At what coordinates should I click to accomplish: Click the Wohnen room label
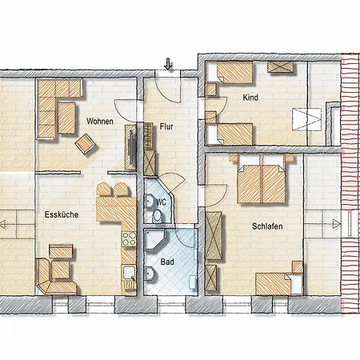coord(100,122)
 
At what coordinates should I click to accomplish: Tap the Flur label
coord(166,126)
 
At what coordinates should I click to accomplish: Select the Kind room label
coord(250,98)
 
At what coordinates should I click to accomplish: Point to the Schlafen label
coord(267,226)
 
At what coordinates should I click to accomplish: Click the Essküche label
coord(62,214)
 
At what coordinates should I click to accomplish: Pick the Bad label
coord(167,262)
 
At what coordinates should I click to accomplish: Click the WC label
coord(161,202)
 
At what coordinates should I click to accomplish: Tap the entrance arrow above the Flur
coord(168,64)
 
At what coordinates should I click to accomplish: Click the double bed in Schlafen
coord(262,179)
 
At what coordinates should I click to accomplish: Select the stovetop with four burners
coord(129,239)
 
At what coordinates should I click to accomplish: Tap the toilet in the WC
coord(158,216)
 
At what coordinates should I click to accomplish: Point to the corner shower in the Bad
coord(155,239)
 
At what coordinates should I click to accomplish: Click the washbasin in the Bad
coord(150,273)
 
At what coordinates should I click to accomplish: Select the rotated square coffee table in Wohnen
coord(86,144)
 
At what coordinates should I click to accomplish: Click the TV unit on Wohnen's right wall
coord(130,147)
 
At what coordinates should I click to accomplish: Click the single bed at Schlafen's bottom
coord(279,284)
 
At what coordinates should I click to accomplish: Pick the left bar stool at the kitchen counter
coord(104,190)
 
